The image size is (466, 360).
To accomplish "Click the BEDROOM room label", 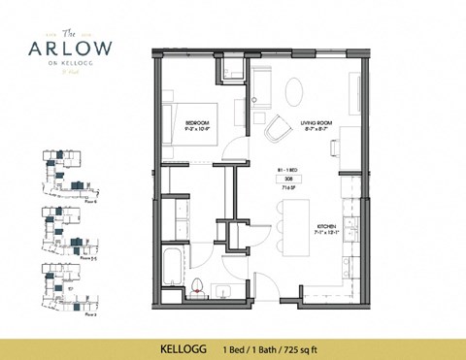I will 198,121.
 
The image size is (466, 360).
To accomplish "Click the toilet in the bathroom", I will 197,284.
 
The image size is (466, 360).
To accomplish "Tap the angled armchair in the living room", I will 276,127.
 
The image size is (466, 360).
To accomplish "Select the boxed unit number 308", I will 288,178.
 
